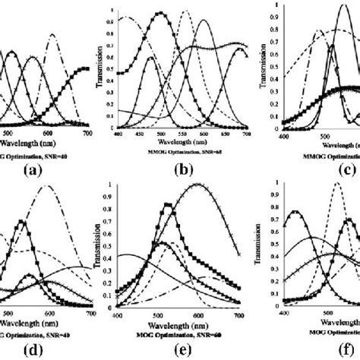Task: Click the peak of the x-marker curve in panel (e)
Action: coord(199,185)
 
